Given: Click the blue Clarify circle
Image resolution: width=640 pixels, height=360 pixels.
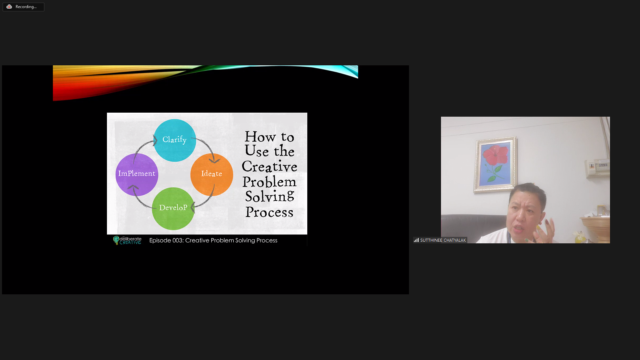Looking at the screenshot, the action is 175,140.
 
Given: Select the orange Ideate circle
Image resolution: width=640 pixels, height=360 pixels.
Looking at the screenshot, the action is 212,174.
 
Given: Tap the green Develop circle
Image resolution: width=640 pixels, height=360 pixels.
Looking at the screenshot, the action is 173,208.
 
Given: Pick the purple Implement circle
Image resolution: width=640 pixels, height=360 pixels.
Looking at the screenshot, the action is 137,174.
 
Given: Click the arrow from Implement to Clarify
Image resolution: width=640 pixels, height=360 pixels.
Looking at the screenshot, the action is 142,147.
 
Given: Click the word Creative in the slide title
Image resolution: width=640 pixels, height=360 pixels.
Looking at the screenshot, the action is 269,166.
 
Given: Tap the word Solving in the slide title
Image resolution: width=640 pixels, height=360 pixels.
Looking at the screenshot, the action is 270,196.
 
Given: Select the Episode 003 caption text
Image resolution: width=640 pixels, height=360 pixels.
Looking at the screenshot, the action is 213,240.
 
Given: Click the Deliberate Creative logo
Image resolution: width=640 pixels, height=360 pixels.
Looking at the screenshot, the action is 127,240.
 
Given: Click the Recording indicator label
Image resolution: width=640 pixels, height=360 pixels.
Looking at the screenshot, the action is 26,7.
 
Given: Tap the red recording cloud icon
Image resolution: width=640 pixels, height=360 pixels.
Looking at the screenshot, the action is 9,7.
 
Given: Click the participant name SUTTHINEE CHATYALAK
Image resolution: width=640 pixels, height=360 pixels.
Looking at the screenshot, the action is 443,240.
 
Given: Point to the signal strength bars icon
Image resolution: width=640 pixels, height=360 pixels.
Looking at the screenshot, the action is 416,240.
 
